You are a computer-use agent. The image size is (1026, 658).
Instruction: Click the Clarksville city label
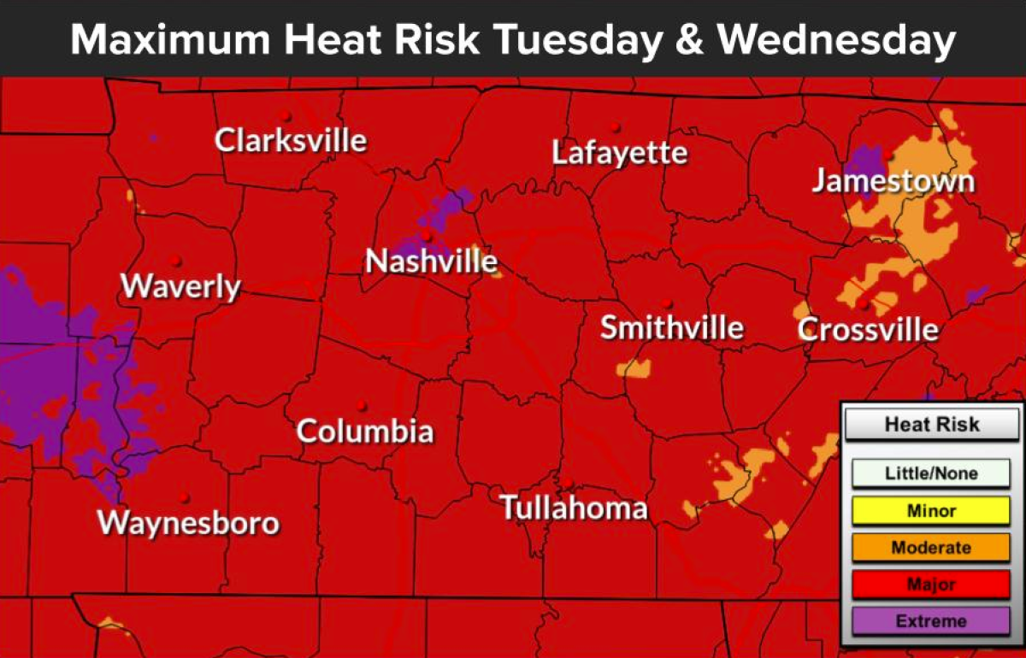pyautogui.click(x=291, y=140)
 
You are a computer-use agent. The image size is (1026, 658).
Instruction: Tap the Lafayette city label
pyautogui.click(x=619, y=154)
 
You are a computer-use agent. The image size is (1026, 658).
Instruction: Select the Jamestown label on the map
pyautogui.click(x=893, y=181)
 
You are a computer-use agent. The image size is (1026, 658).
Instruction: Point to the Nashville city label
pyautogui.click(x=431, y=261)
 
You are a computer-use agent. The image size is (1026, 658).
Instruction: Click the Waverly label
pyautogui.click(x=180, y=286)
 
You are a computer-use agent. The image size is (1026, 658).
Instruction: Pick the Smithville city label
pyautogui.click(x=671, y=328)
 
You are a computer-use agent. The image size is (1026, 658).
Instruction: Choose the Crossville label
pyautogui.click(x=868, y=330)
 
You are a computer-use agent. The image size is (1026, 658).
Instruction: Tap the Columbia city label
pyautogui.click(x=365, y=431)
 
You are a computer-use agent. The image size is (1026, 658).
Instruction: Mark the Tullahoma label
pyautogui.click(x=573, y=508)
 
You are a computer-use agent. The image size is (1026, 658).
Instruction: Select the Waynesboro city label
pyautogui.click(x=188, y=523)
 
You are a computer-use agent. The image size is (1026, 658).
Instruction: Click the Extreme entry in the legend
pyautogui.click(x=931, y=622)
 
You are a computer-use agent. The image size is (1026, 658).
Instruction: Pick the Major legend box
pyautogui.click(x=931, y=585)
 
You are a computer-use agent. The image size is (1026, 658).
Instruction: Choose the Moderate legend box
pyautogui.click(x=931, y=548)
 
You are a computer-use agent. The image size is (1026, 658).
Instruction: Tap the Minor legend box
pyautogui.click(x=931, y=511)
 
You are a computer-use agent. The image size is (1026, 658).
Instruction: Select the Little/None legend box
pyautogui.click(x=931, y=473)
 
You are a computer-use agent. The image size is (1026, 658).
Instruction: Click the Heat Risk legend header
pyautogui.click(x=931, y=425)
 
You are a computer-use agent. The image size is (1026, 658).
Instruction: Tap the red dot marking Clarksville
pyautogui.click(x=285, y=115)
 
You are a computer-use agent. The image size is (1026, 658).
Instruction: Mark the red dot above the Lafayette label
pyautogui.click(x=615, y=127)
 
